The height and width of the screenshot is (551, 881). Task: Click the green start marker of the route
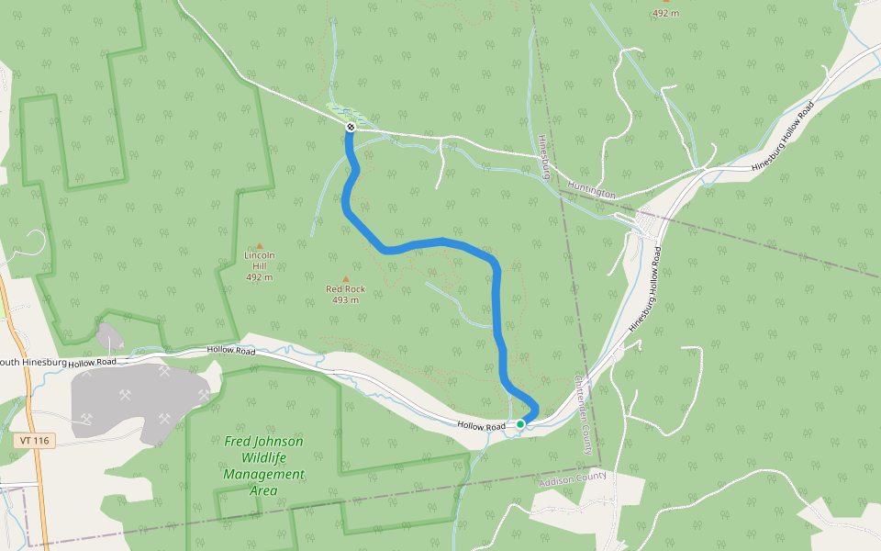click(520, 423)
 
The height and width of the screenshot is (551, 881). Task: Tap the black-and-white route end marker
click(350, 127)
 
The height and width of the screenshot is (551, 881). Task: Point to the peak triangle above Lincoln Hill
click(260, 245)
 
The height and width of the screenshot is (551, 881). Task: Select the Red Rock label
click(346, 289)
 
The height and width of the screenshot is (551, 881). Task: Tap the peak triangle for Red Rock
click(346, 278)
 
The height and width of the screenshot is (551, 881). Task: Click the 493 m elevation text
click(346, 300)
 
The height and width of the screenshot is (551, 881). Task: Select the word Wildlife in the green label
click(264, 458)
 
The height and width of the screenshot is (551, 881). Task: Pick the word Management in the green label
click(263, 475)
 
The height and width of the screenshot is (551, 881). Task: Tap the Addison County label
click(574, 478)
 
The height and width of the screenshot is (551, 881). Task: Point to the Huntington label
click(591, 190)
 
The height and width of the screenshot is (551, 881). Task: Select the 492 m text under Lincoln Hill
click(260, 276)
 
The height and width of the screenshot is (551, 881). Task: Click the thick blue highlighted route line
click(496, 312)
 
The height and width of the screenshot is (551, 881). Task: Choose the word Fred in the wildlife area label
click(238, 442)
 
